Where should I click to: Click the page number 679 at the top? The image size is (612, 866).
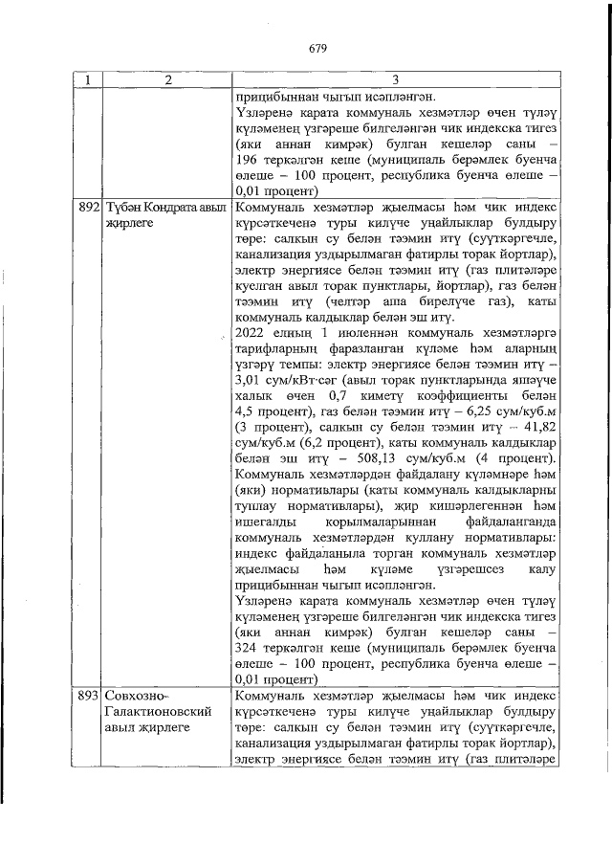pyautogui.click(x=317, y=49)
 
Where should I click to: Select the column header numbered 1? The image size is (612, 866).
pyautogui.click(x=88, y=80)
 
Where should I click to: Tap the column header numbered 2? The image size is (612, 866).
pyautogui.click(x=166, y=80)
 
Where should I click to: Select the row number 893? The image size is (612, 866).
pyautogui.click(x=88, y=697)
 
